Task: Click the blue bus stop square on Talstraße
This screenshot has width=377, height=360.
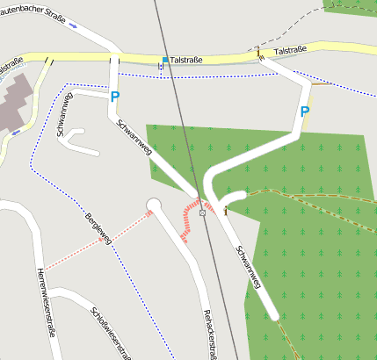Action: click(x=165, y=60)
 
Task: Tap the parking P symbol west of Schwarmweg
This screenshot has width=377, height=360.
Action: click(x=115, y=97)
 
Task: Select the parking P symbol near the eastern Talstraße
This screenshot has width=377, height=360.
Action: click(x=304, y=112)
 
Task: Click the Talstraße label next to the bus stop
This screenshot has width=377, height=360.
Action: click(x=187, y=60)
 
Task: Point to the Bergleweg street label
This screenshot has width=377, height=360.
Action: click(x=98, y=228)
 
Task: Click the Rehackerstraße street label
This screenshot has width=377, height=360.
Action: click(x=209, y=334)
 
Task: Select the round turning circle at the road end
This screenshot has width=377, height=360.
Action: click(x=154, y=205)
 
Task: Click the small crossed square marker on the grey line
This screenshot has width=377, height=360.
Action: click(x=202, y=212)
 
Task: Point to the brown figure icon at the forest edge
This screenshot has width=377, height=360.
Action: click(x=227, y=210)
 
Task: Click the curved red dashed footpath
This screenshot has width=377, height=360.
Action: click(x=185, y=220)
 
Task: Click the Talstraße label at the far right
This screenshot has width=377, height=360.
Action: click(x=290, y=51)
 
